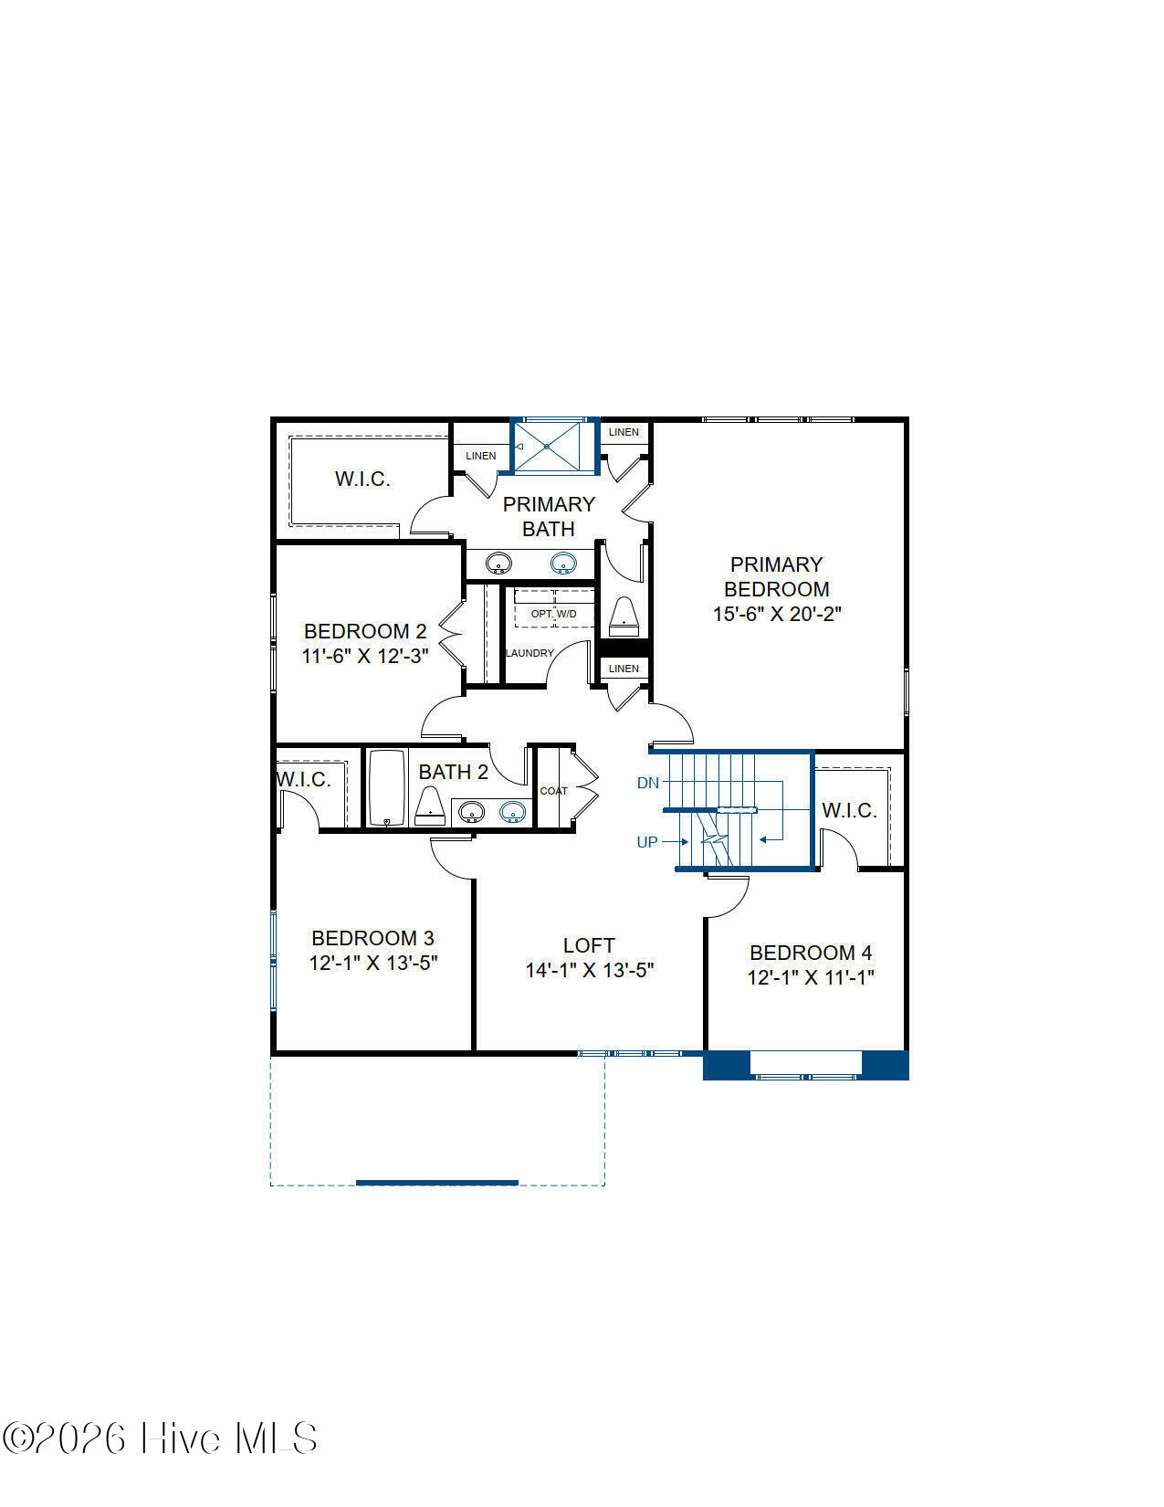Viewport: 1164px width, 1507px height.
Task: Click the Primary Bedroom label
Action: [777, 576]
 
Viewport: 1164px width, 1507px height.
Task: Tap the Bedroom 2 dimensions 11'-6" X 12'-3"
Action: [364, 656]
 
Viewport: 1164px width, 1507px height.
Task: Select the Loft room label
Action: [589, 945]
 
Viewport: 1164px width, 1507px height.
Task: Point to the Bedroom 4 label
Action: [811, 953]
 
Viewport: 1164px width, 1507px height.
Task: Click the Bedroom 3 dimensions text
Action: [373, 963]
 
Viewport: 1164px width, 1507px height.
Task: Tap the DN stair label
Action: [647, 783]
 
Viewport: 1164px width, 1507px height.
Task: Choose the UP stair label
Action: [647, 842]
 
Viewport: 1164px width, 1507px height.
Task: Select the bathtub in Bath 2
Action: [386, 788]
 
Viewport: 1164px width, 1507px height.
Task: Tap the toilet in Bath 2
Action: [430, 806]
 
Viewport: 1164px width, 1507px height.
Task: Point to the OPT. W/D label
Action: [553, 614]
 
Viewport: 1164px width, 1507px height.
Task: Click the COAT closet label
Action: [553, 791]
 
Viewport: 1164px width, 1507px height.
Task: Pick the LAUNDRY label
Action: [530, 653]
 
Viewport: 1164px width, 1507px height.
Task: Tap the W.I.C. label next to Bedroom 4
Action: [849, 810]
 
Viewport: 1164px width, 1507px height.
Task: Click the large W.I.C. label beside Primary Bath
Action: [362, 479]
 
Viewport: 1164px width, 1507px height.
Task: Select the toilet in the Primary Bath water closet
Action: [624, 616]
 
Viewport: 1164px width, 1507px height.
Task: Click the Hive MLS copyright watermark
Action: [160, 1438]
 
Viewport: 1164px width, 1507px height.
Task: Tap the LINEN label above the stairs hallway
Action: [624, 669]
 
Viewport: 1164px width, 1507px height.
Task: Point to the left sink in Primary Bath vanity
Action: [498, 564]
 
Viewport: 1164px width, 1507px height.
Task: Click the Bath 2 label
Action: [454, 772]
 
